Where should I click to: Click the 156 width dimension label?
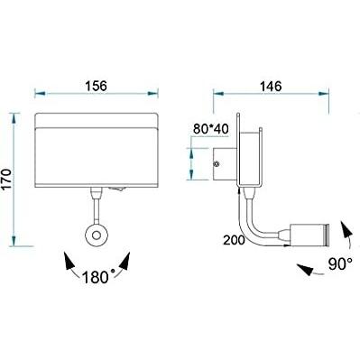pyautogui.click(x=97, y=86)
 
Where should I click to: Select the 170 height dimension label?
pyautogui.click(x=6, y=180)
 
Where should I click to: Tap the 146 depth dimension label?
pyautogui.click(x=271, y=87)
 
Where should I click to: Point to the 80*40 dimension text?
pyautogui.click(x=211, y=129)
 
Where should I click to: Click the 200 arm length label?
pyautogui.click(x=234, y=240)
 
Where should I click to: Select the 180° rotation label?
pyautogui.click(x=98, y=277)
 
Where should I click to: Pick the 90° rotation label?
pyautogui.click(x=340, y=264)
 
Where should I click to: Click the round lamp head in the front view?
pyautogui.click(x=97, y=235)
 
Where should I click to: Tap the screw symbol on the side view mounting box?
pyautogui.click(x=217, y=164)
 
